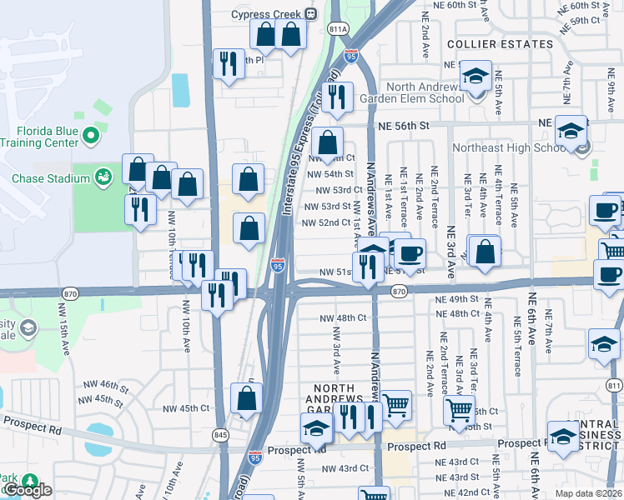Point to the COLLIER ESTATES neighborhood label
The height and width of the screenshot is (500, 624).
point(500,43)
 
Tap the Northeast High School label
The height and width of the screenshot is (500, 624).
point(509,148)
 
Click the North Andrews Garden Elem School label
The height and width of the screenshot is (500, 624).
point(412,92)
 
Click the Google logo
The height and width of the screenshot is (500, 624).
point(27,490)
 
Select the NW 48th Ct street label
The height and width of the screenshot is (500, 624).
point(343,317)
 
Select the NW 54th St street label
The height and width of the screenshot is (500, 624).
point(325,174)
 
